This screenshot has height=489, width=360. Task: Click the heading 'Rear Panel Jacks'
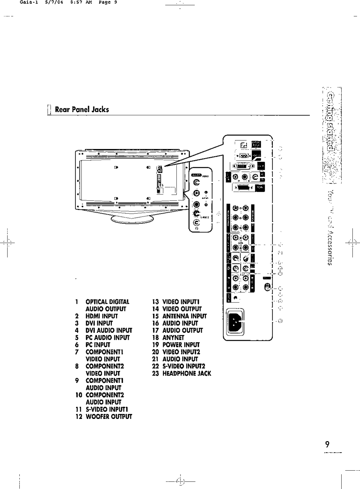pos(82,109)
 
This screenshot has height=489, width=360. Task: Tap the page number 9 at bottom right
pos(327,444)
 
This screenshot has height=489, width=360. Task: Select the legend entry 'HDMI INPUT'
pos(102,316)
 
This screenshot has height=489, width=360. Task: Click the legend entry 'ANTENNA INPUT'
pos(184,316)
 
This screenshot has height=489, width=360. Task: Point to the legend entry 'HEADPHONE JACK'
pos(187,373)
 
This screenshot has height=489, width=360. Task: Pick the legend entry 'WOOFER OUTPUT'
pos(109,417)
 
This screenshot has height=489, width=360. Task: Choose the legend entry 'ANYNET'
pos(173,337)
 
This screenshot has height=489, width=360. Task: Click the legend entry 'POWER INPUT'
pos(181,345)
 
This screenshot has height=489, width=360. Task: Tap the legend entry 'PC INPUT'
pos(98,345)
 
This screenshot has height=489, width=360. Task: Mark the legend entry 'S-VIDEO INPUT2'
pos(184,366)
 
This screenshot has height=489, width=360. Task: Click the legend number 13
pos(155,302)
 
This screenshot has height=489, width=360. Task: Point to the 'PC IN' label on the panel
pos(260,188)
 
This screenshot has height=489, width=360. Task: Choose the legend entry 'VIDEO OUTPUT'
pos(182,309)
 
